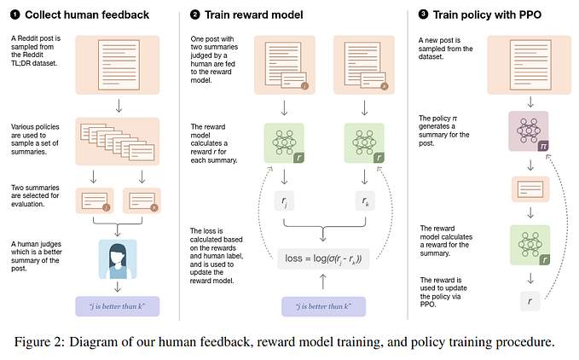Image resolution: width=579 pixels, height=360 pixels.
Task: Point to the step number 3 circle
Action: click(x=424, y=15)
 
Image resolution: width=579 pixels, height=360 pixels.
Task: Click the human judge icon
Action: click(x=117, y=258)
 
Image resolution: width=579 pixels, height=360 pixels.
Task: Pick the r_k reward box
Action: click(x=366, y=201)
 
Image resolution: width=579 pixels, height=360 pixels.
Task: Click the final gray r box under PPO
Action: click(x=529, y=300)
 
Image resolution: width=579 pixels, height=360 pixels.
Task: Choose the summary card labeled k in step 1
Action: click(x=140, y=202)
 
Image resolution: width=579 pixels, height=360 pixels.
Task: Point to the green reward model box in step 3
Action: click(x=529, y=244)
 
